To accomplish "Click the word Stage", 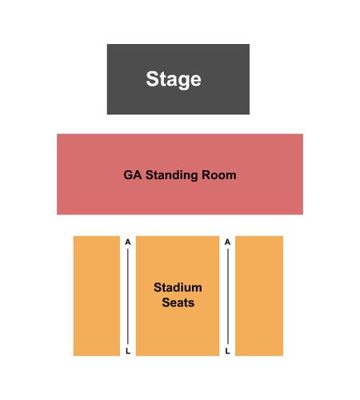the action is coord(174,79).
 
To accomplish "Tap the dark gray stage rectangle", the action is coord(178,79).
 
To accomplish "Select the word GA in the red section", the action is coord(133,175).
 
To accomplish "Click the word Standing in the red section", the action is coord(172,175).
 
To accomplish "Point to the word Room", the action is coord(219,175).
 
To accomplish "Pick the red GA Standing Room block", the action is coord(180,174).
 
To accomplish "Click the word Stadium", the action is coord(178,287).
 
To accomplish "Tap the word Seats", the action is coord(178,302).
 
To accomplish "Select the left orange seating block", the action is coord(97,296).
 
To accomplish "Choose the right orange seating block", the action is coord(259,296).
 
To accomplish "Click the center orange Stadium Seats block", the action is coord(178,296).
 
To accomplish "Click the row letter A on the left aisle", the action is coord(128,242).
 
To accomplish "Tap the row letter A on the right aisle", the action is coord(227,242).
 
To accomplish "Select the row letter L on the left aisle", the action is coord(128,351).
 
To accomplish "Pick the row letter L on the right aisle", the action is coord(227,351).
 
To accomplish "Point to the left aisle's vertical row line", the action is coord(128,296).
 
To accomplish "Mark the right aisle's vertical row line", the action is coord(228,296).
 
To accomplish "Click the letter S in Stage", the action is coord(152,78).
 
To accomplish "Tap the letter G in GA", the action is coord(128,175).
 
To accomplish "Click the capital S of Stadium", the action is coord(158,287).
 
